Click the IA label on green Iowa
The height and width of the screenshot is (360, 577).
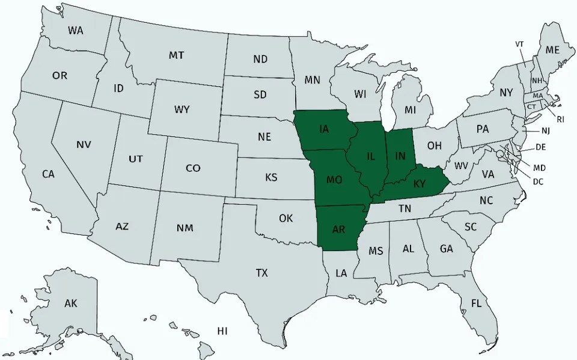tap(324, 129)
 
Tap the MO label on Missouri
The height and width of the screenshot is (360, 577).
tap(334, 179)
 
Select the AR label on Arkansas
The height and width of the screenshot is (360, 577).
tap(338, 229)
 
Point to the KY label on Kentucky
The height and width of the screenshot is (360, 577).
tap(419, 183)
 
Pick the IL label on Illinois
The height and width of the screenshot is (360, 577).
tap(371, 157)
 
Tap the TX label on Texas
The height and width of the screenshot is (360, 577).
tap(261, 273)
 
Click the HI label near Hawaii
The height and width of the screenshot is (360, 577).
tap(222, 331)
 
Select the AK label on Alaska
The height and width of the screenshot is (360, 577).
tap(71, 304)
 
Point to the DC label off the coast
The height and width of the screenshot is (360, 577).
tap(538, 181)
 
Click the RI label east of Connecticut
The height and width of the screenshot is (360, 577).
tap(560, 119)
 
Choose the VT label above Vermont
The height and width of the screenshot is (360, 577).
tap(520, 44)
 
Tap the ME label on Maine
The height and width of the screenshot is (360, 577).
tap(552, 50)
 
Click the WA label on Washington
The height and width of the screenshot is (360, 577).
tap(76, 30)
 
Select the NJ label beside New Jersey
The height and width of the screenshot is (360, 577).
tap(545, 130)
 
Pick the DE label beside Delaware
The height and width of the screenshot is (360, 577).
tap(540, 147)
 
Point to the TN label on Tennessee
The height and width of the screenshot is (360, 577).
tap(405, 209)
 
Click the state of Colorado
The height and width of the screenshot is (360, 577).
tap(193, 168)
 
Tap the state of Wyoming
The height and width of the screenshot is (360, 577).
tap(182, 109)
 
